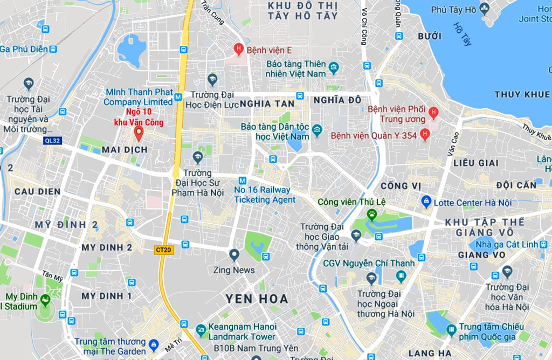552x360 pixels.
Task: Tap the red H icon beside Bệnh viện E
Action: [x=238, y=50]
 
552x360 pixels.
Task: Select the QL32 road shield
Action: [x=52, y=140]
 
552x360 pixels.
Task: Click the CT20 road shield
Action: [x=163, y=250]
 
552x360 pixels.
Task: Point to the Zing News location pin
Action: [x=234, y=254]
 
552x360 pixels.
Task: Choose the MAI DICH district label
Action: [x=125, y=150]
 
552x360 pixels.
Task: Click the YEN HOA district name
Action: [x=257, y=299]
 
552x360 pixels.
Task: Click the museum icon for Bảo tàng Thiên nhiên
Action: [x=334, y=68]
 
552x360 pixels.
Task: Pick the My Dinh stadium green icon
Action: [x=45, y=299]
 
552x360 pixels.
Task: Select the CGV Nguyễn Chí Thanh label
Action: [x=369, y=264]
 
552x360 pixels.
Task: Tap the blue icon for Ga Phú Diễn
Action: [x=53, y=49]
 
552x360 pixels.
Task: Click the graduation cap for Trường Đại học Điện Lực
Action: [x=212, y=79]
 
